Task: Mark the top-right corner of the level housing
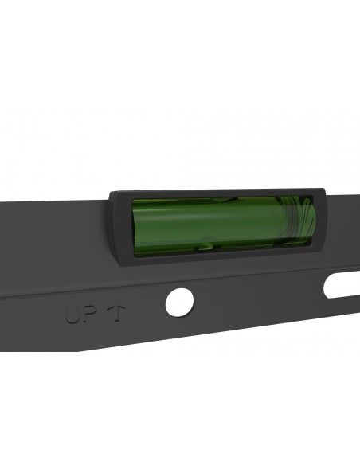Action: coord(323,187)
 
